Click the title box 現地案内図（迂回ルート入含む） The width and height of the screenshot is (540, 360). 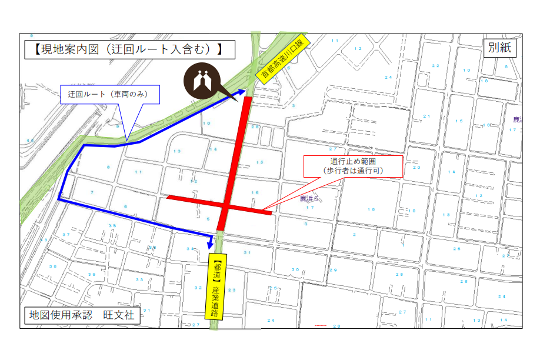click(129, 49)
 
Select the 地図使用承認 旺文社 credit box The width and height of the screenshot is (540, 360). click(82, 315)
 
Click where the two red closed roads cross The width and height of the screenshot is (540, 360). click(225, 205)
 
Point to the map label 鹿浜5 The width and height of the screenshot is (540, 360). click(308, 199)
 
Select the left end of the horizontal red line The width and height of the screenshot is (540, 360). click(169, 197)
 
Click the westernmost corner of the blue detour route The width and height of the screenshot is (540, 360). click(59, 199)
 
